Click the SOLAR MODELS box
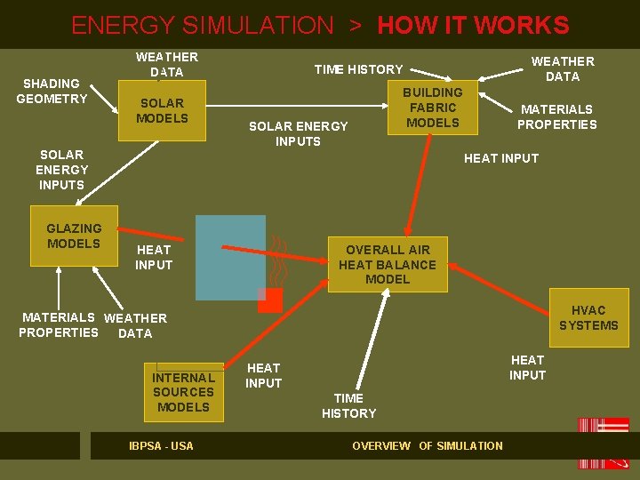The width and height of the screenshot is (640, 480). coord(162,110)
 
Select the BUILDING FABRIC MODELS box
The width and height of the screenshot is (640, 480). coord(433,108)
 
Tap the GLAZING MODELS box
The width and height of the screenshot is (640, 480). coord(74,236)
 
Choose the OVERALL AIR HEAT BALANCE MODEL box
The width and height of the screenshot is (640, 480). coord(388,264)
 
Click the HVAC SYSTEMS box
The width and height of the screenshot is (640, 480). coord(588,317)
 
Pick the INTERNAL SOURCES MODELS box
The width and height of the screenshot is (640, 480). coord(183,392)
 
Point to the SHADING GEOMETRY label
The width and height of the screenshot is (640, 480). coord(52,91)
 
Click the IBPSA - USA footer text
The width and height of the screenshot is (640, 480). coord(161,445)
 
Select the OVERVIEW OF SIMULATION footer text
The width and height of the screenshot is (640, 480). coord(427,445)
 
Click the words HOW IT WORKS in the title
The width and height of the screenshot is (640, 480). coord(473,25)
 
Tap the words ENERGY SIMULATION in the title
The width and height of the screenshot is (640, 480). coord(202,25)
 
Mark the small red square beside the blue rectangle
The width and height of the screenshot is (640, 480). coord(269,300)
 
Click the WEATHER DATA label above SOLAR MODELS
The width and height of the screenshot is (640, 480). coord(166,64)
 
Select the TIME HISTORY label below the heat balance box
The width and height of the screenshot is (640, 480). coord(348,405)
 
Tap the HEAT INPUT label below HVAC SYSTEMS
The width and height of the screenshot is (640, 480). coord(527,367)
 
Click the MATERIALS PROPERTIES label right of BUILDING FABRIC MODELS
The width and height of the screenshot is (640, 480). coord(557,116)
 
